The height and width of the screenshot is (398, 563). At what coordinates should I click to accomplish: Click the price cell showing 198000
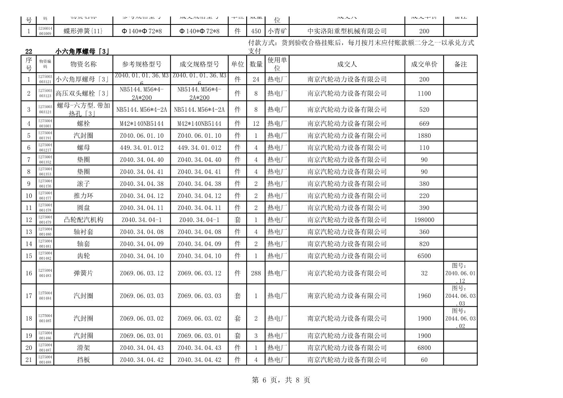424,220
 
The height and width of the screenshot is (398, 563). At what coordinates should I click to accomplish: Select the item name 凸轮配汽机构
83,220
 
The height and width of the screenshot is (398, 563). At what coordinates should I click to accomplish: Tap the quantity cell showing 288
256,273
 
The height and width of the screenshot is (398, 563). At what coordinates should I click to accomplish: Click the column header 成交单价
424,64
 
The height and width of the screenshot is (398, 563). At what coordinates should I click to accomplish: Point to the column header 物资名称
83,64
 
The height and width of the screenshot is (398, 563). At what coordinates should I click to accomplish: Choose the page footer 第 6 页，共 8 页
281,380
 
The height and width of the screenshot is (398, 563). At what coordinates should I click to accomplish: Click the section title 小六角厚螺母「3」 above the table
83,51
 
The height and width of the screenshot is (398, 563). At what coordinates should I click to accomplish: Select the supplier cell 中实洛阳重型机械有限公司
347,31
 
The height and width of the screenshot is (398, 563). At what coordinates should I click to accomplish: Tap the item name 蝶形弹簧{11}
83,31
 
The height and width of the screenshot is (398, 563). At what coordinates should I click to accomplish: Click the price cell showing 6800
424,348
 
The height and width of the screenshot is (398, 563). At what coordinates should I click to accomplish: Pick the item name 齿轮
83,256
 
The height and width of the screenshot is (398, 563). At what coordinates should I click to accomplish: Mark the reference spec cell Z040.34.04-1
142,220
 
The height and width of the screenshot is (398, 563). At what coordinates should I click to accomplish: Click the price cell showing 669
424,123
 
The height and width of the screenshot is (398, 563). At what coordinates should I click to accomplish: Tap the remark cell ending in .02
460,318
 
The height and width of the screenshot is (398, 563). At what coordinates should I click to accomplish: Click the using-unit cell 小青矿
277,31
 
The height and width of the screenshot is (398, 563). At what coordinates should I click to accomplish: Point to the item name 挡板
83,360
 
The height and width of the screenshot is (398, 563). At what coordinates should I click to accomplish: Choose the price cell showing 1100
424,93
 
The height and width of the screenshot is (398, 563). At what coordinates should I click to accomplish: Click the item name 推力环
83,196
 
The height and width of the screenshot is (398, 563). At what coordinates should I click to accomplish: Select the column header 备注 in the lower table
460,64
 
